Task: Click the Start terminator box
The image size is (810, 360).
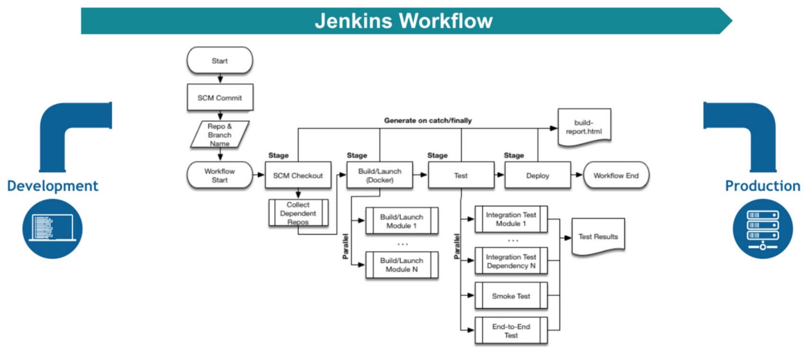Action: point(220,61)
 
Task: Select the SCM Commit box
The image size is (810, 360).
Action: point(220,98)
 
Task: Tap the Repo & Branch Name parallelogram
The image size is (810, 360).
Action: point(220,135)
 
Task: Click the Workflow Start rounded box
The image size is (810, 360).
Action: point(220,175)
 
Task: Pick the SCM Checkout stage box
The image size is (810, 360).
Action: point(298,175)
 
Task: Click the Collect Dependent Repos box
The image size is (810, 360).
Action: point(298,213)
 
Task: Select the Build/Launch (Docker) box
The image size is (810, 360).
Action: point(379,175)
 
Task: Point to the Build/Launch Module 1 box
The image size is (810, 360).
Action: point(402,221)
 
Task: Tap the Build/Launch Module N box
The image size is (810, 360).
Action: point(402,265)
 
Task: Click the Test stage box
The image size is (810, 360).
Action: point(461,175)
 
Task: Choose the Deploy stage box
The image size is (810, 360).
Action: point(538,175)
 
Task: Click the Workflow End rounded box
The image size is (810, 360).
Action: point(616,175)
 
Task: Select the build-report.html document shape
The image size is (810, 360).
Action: point(584,126)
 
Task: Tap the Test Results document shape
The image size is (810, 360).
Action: point(598,236)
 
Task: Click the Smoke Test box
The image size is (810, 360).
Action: point(511,296)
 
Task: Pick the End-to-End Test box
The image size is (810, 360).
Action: point(511,331)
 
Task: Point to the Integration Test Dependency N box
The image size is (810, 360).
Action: point(511,261)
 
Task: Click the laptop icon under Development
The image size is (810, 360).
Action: point(53,228)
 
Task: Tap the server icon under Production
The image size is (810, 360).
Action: point(762,228)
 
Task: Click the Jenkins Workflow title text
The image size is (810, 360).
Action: point(404,21)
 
